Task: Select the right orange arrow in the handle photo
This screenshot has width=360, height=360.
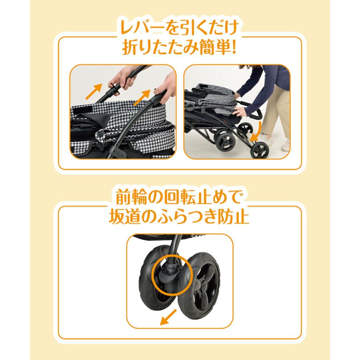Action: point(142,98)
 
